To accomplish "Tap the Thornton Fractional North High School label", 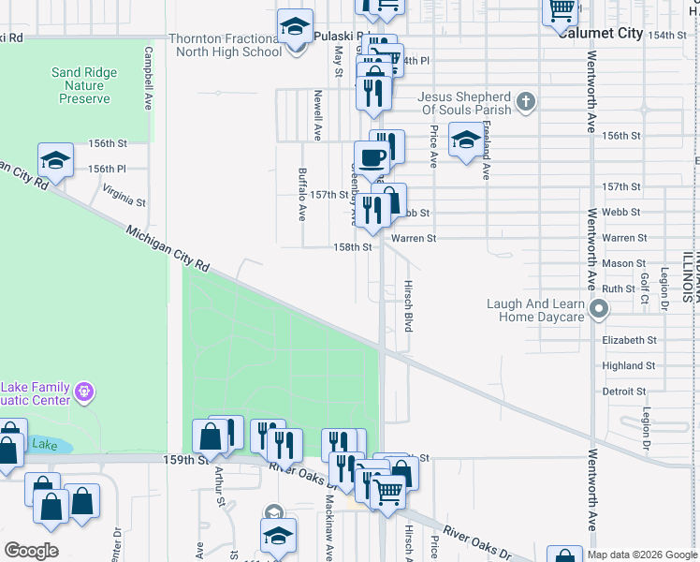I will coord(225,45).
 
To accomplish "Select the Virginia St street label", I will coord(124,195).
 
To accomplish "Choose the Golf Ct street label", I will coord(645,287).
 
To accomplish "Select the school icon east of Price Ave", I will coord(466,140).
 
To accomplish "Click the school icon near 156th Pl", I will coord(55,159).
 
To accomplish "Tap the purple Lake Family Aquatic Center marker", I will coord(85,389).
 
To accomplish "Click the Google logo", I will coord(31,551).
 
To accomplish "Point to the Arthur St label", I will coord(221,489).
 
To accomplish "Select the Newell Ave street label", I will coord(318,115).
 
